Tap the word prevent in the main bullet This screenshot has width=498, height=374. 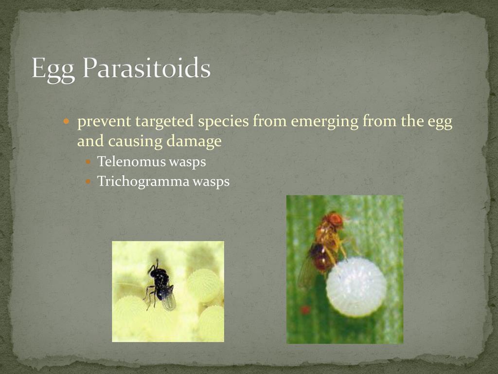[104, 122]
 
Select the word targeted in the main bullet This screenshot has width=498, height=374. [164, 122]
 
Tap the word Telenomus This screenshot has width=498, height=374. [131, 162]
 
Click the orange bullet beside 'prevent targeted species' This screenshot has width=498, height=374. [66, 121]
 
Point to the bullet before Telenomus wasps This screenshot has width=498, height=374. [89, 162]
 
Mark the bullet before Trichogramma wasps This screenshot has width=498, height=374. [89, 182]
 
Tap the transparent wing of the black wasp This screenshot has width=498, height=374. [169, 299]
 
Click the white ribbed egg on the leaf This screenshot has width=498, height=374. [356, 287]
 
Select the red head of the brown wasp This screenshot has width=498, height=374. [335, 220]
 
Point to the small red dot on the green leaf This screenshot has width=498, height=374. [305, 309]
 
